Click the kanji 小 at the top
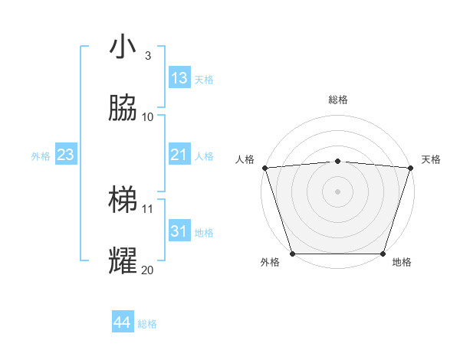123,47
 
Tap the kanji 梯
123,200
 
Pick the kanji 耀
123,261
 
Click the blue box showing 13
179,78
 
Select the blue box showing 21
179,155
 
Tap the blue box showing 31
179,231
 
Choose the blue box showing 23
66,155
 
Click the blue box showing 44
123,322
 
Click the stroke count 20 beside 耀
147,270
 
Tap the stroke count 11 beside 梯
147,208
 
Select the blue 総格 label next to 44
147,324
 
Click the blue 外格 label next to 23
41,156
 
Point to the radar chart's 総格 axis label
337,100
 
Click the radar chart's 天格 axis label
431,159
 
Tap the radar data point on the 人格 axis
264,168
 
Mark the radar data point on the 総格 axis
337,161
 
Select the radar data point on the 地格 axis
383,254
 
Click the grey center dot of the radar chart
337,191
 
